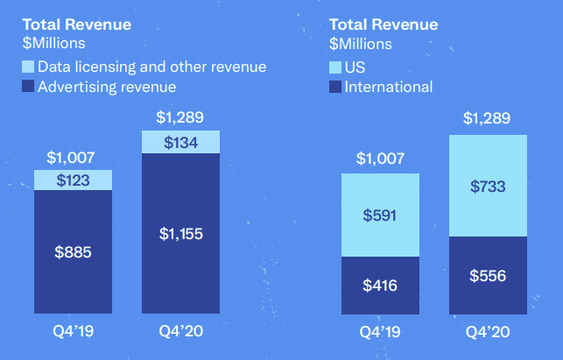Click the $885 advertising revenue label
[x=74, y=253]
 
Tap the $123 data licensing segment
[x=74, y=180]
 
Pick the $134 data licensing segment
[x=181, y=143]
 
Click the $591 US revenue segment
[x=380, y=215]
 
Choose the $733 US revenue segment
[x=488, y=187]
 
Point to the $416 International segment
[x=380, y=285]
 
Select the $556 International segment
[x=488, y=275]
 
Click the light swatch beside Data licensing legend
[x=28, y=67]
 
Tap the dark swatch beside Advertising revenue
[x=28, y=86]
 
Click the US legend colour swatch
[x=335, y=67]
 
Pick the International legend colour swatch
[x=335, y=86]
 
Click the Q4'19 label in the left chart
[x=74, y=334]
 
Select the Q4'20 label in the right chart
[x=488, y=334]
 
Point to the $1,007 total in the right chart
[x=380, y=159]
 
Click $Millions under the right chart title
[x=361, y=43]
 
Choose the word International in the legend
[x=389, y=86]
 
